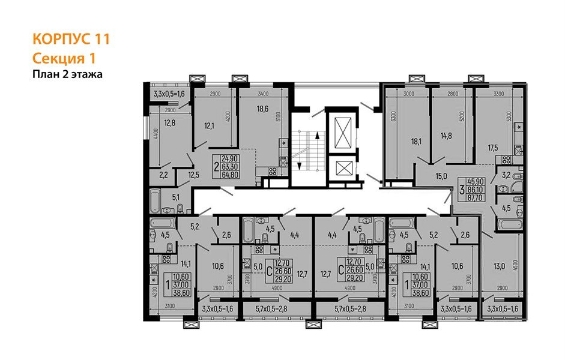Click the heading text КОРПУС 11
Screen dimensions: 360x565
tap(70, 40)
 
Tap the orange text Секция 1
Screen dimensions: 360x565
tap(64, 58)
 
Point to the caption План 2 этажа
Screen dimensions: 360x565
tap(67, 74)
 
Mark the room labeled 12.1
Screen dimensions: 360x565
tap(209, 125)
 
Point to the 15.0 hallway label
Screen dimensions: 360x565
tap(442, 176)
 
